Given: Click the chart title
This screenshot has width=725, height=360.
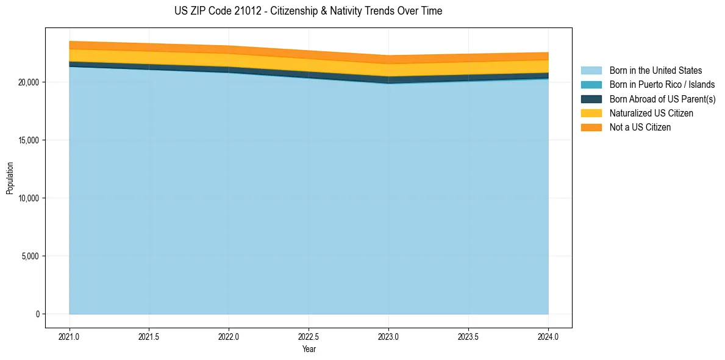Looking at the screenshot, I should (x=308, y=11).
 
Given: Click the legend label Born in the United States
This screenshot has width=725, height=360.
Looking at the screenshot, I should (x=655, y=71).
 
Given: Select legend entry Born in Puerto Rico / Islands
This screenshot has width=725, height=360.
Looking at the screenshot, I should (x=662, y=85).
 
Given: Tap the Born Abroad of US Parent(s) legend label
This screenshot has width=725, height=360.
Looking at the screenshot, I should (x=662, y=99).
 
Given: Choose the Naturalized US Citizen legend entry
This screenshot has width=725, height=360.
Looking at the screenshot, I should (x=651, y=113).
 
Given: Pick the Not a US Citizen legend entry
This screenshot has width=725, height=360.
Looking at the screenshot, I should (x=640, y=127).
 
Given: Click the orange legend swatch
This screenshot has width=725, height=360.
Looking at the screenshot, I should (x=591, y=127).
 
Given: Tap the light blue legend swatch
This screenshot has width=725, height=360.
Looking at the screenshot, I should (x=591, y=71).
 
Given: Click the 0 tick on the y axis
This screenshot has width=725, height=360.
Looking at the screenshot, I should (x=38, y=314).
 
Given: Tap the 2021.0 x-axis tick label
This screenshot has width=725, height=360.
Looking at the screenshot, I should (x=70, y=336).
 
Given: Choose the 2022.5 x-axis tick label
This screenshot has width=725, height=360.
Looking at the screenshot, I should (x=309, y=336).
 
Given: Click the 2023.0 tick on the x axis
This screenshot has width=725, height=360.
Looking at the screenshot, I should (x=388, y=336).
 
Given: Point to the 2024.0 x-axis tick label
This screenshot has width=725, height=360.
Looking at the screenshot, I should (x=548, y=336).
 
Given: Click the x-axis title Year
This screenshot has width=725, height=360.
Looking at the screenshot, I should (x=309, y=349).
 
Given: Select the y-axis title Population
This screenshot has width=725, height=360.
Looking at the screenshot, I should (x=10, y=178).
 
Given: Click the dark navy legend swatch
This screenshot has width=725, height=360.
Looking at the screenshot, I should (x=591, y=99).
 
